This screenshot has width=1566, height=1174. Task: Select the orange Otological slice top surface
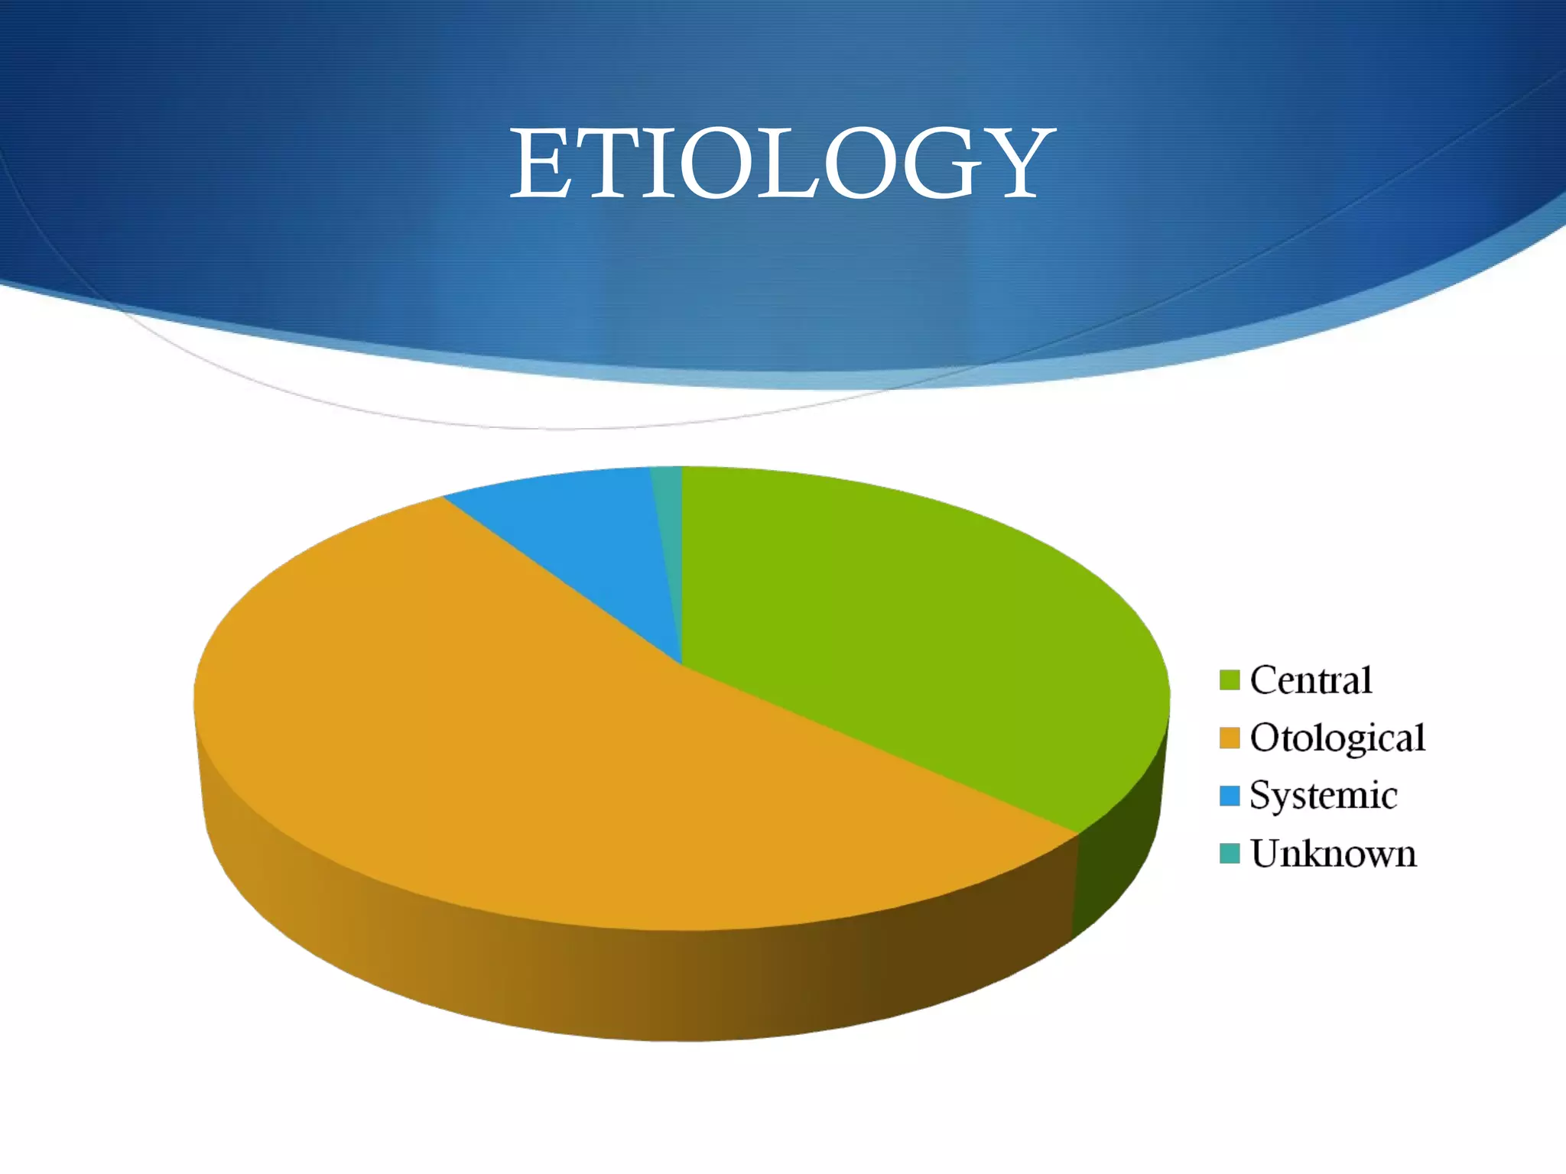click(535, 749)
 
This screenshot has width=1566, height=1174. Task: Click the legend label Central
click(1311, 679)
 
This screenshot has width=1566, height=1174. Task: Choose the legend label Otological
click(1337, 738)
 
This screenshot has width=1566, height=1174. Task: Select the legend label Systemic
click(1324, 796)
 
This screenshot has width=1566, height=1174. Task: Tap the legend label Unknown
click(1333, 854)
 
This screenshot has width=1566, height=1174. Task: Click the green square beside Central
click(1229, 679)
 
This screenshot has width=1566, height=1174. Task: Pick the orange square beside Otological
click(1229, 738)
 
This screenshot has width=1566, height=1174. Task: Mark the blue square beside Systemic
click(1229, 796)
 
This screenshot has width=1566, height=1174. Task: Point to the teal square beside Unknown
click(1229, 853)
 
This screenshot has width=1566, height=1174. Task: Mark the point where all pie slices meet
click(681, 663)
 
